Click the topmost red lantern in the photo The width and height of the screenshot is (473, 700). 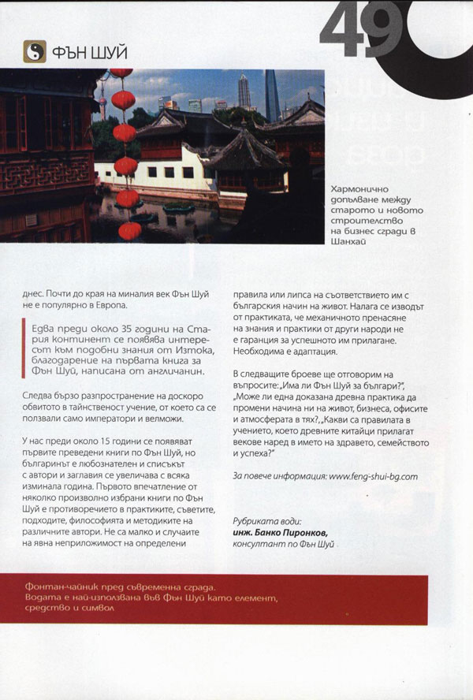point(121,73)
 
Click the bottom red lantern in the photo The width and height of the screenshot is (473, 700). point(129,230)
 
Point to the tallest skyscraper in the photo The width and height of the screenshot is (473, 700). point(271,96)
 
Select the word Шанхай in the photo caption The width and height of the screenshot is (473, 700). point(350,242)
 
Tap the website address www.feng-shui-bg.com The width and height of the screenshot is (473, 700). point(373,475)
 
